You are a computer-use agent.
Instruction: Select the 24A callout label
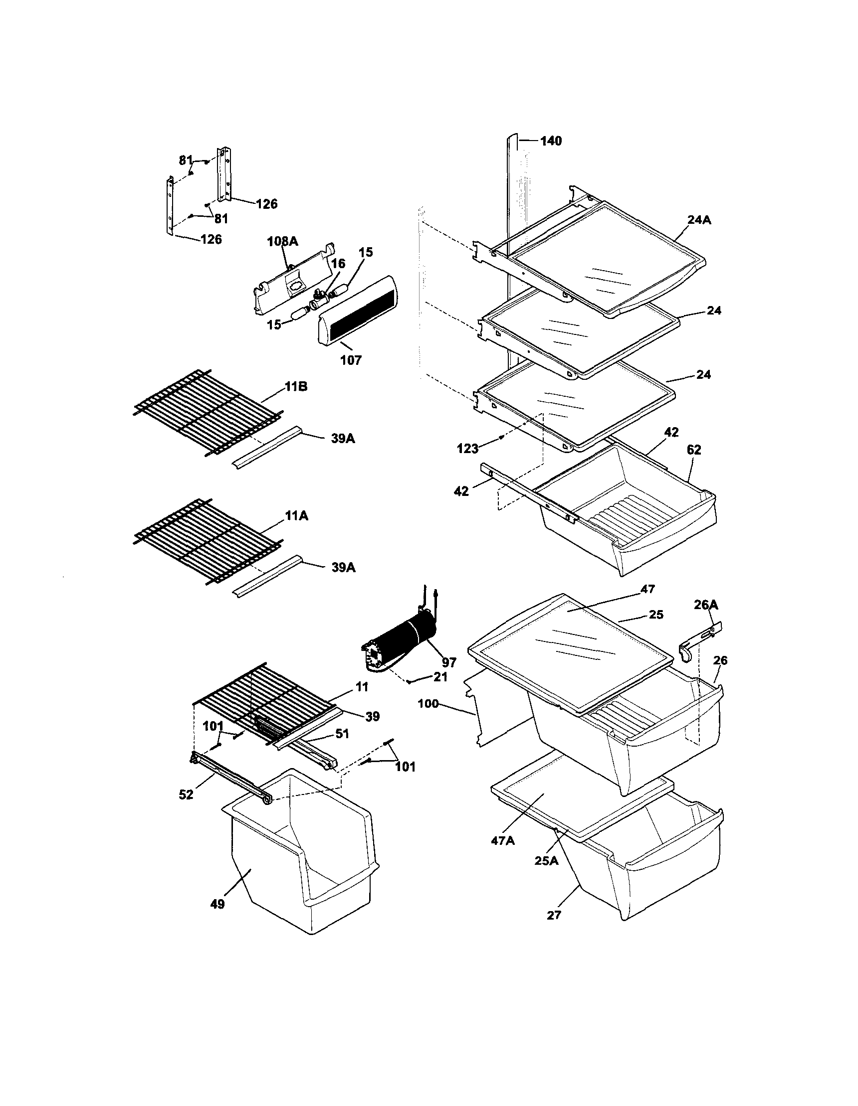click(699, 220)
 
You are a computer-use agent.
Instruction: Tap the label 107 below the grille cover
click(351, 360)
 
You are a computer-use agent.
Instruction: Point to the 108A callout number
click(282, 241)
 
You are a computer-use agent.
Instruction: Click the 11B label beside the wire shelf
click(296, 387)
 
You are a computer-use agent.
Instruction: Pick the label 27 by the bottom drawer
click(554, 929)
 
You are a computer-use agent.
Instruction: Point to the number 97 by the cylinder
click(448, 662)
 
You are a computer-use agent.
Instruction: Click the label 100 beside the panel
click(428, 703)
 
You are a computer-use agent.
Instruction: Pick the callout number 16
click(338, 263)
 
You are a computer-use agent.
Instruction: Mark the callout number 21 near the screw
click(440, 676)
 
